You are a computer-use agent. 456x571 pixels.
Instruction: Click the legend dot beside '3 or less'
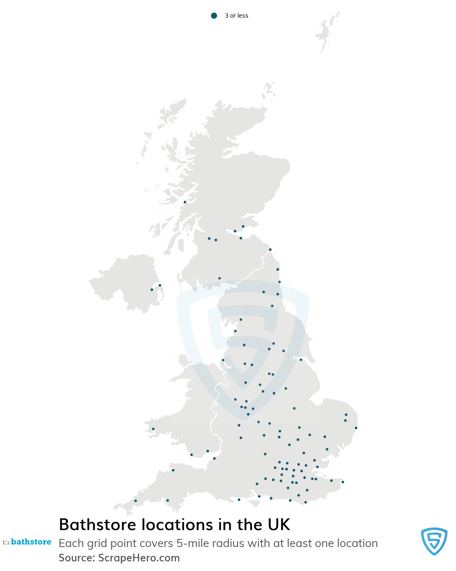(x=214, y=15)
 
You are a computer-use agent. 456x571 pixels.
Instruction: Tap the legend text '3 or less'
(x=236, y=15)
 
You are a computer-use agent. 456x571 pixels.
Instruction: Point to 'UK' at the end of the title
(x=279, y=525)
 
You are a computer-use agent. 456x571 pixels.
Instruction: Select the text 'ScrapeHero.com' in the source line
(x=139, y=558)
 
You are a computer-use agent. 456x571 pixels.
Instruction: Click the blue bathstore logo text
(x=31, y=542)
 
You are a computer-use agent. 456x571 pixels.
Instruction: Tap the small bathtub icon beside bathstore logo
(x=6, y=542)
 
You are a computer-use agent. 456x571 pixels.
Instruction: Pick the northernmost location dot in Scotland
(x=185, y=202)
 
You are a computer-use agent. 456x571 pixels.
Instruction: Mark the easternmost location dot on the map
(x=356, y=428)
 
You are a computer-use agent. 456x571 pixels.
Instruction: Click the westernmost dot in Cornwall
(x=135, y=501)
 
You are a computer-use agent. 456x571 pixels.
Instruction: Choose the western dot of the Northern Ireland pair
(x=152, y=290)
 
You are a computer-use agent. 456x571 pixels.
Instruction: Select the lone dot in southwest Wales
(x=153, y=429)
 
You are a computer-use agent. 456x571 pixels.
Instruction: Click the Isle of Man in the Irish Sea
(x=183, y=360)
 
